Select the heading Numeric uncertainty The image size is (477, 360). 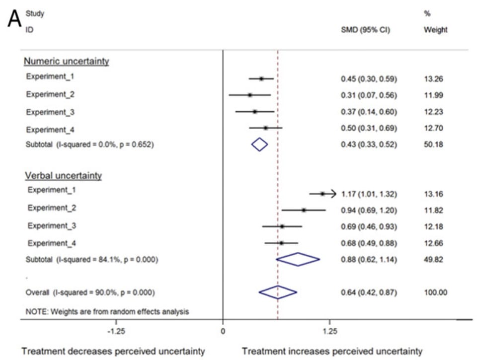tap(66, 62)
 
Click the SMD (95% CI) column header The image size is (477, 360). tap(365, 30)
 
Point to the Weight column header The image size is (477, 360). tap(435, 30)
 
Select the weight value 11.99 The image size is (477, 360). tap(434, 95)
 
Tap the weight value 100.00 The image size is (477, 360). tap(435, 292)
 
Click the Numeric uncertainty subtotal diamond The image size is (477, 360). tap(259, 144)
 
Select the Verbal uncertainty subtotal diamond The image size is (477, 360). tap(298, 259)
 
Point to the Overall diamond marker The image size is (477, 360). tap(278, 292)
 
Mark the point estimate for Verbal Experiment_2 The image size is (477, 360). tap(304, 210)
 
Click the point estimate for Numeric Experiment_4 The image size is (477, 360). tap(265, 128)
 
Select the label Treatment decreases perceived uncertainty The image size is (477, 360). tap(113, 351)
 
